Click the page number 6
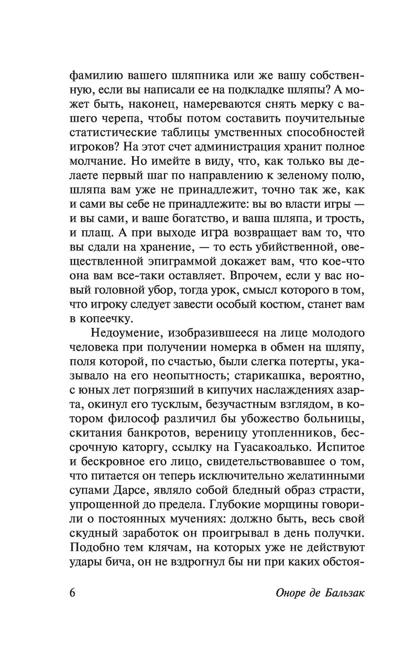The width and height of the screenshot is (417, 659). point(72,592)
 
